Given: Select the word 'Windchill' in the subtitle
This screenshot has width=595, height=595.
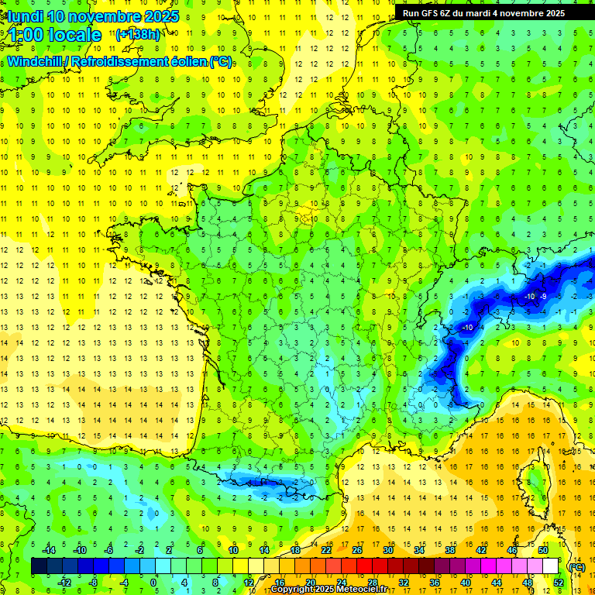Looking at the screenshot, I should click(34, 61).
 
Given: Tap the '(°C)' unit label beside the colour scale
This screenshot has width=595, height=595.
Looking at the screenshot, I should click(576, 567).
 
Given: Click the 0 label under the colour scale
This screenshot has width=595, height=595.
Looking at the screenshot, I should click(153, 583).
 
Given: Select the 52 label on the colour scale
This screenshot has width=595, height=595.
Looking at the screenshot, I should click(559, 583).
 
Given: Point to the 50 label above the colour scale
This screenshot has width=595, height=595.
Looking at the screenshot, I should click(543, 550).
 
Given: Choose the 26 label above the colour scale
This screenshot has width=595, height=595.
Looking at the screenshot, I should click(357, 550).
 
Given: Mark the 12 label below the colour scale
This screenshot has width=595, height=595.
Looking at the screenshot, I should click(249, 583).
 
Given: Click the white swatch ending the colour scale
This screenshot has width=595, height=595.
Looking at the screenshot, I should click(551, 566).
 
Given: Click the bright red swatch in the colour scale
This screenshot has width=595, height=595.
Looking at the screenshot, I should click(365, 566).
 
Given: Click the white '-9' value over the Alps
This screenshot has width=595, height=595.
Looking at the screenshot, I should click(544, 297).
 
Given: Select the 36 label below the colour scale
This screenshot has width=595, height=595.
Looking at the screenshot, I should click(435, 583).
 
